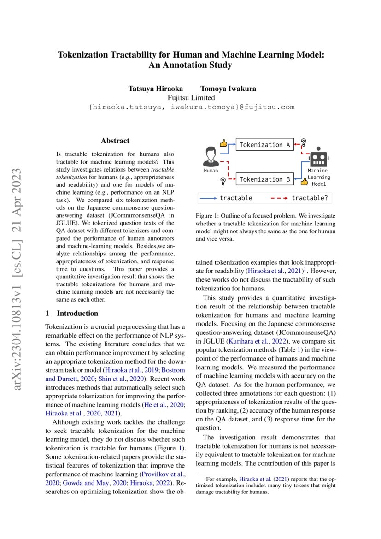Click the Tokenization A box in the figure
click(264, 145)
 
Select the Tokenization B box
click(264, 179)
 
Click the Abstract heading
click(115, 141)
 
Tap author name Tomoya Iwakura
click(225, 89)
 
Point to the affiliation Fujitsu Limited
click(191, 98)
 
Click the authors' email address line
click(191, 107)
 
